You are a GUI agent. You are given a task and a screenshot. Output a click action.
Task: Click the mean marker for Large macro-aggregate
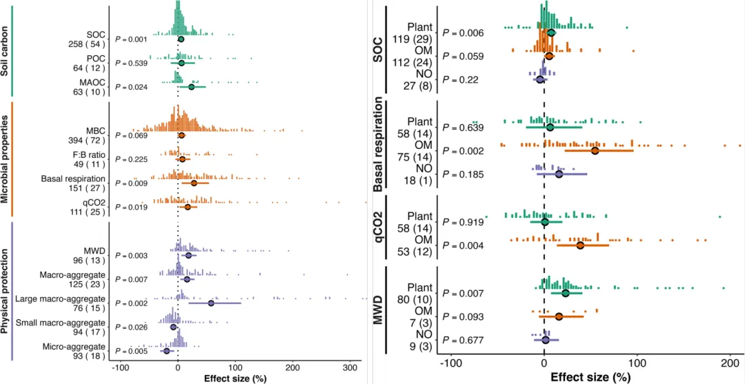(211, 303)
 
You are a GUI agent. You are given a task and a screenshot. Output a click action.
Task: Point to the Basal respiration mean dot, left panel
(194, 183)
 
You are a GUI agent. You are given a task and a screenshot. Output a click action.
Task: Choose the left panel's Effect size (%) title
(235, 378)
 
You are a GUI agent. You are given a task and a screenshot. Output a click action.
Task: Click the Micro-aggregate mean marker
(166, 351)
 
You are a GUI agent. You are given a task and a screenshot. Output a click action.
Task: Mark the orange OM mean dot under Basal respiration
(595, 150)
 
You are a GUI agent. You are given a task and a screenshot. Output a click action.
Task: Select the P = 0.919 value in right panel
(464, 223)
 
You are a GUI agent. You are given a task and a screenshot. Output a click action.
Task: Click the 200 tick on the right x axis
(731, 363)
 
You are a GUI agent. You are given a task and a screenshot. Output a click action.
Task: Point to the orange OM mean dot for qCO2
(579, 245)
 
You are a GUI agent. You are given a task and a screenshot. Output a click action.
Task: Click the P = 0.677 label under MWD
(464, 340)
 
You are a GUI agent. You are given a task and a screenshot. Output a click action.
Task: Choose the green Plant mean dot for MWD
(566, 293)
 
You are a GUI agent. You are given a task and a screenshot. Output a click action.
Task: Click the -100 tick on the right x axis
(450, 363)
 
